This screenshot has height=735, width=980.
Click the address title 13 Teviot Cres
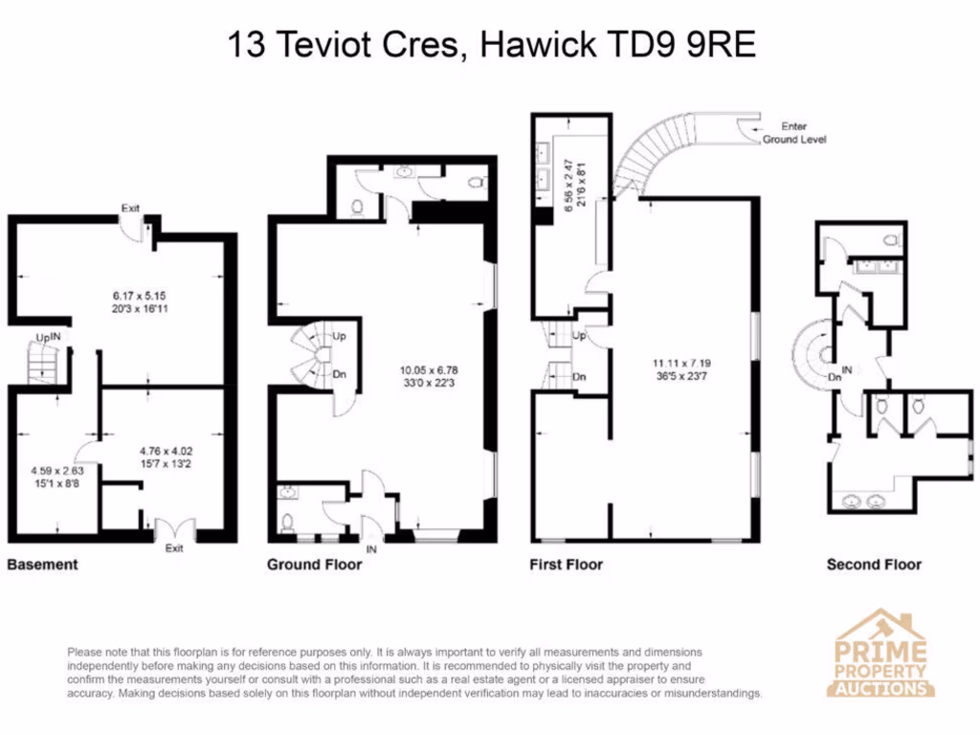tap(491, 45)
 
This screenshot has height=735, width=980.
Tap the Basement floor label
tap(42, 565)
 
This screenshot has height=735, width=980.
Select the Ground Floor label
tap(314, 565)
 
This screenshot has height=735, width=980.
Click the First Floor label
tap(566, 565)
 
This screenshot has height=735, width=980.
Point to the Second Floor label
tap(874, 565)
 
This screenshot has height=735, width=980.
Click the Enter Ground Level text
tap(793, 133)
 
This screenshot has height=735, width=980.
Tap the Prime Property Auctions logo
tap(881, 655)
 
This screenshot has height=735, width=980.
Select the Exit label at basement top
tap(132, 208)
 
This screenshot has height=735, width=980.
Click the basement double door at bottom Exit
tap(174, 529)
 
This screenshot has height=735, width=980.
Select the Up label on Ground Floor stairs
tap(339, 337)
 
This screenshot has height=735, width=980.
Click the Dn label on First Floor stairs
tap(579, 377)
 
